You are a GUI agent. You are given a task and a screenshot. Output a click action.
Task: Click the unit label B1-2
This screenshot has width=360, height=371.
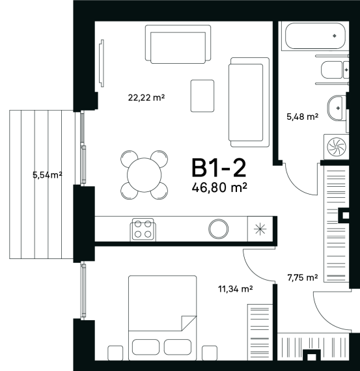click(219, 168)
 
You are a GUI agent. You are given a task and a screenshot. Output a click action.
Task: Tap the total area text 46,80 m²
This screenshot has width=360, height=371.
click(219, 187)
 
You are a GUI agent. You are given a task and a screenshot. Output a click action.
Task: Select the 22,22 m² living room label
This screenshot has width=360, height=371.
click(146, 97)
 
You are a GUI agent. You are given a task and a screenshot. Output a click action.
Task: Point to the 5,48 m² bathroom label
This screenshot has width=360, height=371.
click(302, 117)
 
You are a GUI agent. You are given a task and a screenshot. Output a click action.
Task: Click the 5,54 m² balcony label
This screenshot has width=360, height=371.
click(48, 175)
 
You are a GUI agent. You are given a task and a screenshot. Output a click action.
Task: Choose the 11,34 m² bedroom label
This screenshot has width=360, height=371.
click(235, 288)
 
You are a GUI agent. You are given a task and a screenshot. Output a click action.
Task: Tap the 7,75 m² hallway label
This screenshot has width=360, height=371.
click(303, 277)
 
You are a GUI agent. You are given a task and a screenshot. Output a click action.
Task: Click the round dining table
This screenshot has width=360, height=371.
click(144, 175)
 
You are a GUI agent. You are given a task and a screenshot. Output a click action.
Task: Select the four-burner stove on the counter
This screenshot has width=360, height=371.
click(143, 229)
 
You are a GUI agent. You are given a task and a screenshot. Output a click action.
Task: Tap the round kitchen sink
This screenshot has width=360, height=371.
click(219, 229)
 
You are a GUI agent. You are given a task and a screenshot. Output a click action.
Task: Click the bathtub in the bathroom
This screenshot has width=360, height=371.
click(315, 36)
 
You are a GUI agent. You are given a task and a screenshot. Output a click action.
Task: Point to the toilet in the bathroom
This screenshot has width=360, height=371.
click(335, 70)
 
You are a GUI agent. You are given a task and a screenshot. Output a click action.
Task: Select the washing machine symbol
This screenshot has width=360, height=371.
click(337, 146)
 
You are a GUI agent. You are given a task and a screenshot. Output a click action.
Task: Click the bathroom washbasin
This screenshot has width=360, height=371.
click(335, 107)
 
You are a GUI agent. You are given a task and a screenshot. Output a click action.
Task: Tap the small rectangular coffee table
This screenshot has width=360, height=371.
click(202, 96)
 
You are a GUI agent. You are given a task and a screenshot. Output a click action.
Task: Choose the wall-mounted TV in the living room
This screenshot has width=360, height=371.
click(102, 63)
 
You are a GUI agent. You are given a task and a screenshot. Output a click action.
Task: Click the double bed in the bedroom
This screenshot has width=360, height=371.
click(162, 318)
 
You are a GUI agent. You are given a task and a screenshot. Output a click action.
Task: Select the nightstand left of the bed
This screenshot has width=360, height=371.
click(115, 353)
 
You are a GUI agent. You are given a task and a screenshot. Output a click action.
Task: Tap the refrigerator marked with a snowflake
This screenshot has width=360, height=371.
click(260, 229)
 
